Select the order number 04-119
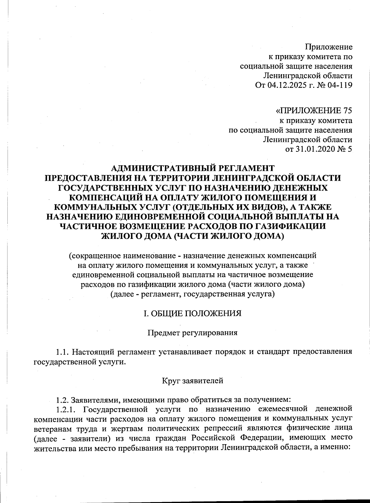tap(339, 85)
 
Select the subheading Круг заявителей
tap(193, 381)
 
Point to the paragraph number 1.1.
tap(64, 352)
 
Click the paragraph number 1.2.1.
tap(67, 409)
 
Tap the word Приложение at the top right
tap(329, 47)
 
